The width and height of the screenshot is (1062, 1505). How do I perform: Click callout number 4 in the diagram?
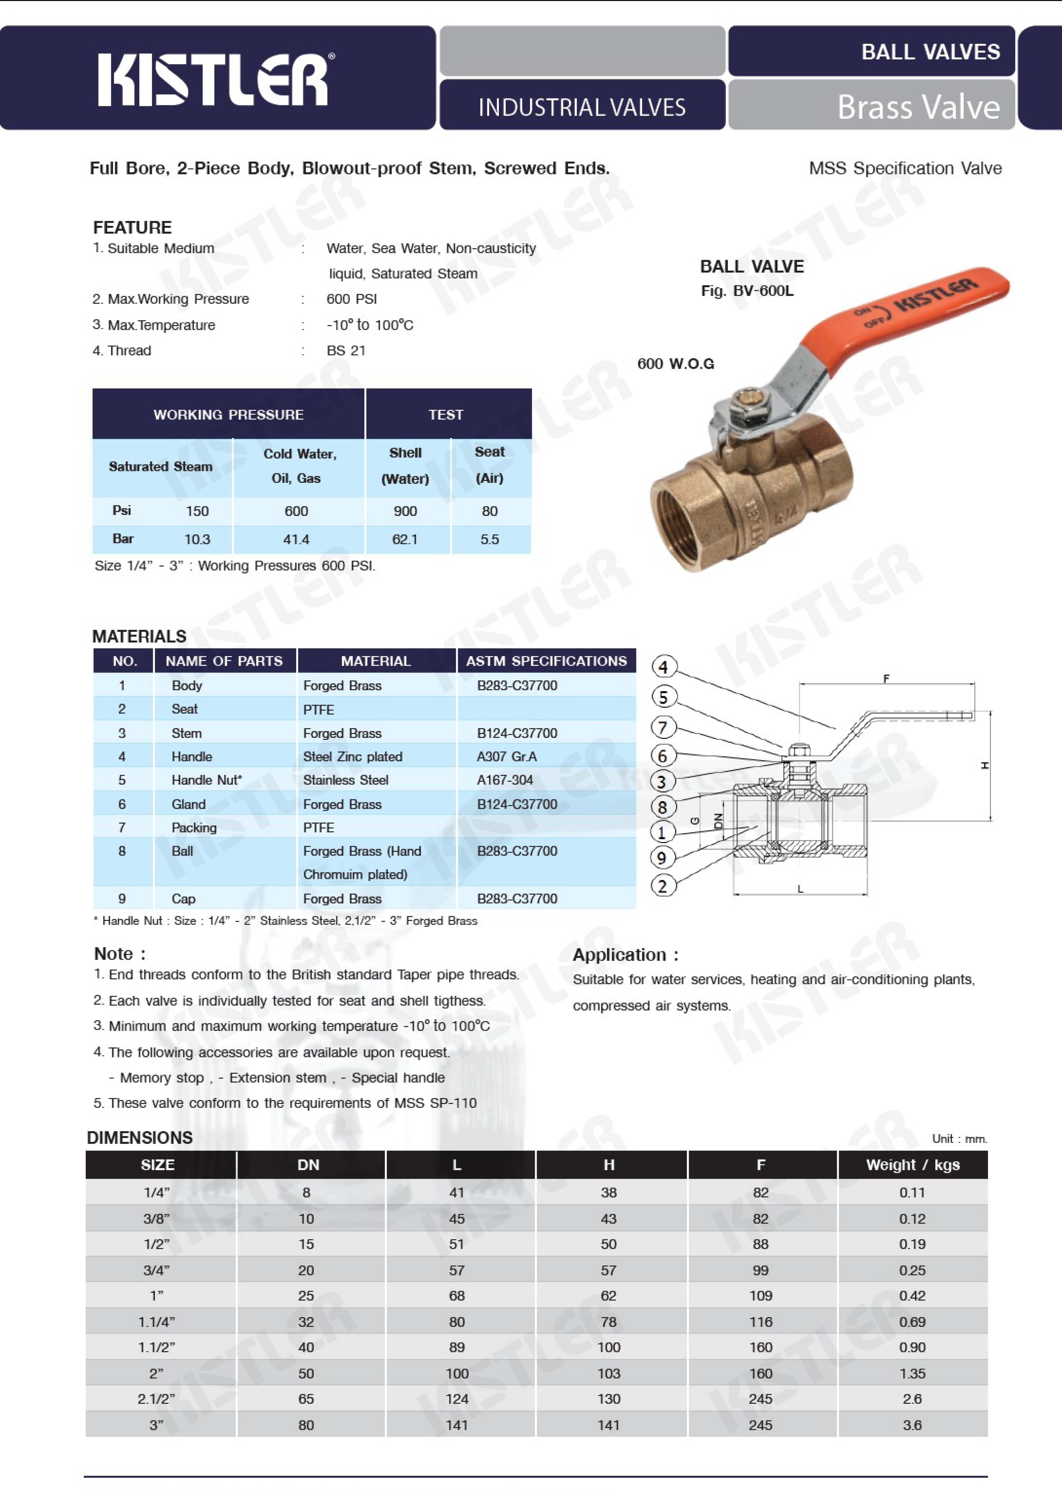663,667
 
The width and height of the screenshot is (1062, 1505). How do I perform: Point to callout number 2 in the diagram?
663,886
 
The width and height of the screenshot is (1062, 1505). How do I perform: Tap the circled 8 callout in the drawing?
663,807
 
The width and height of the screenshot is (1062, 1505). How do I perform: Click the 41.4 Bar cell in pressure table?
296,540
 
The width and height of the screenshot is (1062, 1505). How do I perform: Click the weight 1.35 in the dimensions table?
912,1373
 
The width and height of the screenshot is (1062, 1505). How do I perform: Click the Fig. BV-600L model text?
747,291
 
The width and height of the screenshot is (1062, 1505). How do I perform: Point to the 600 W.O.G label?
676,364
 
